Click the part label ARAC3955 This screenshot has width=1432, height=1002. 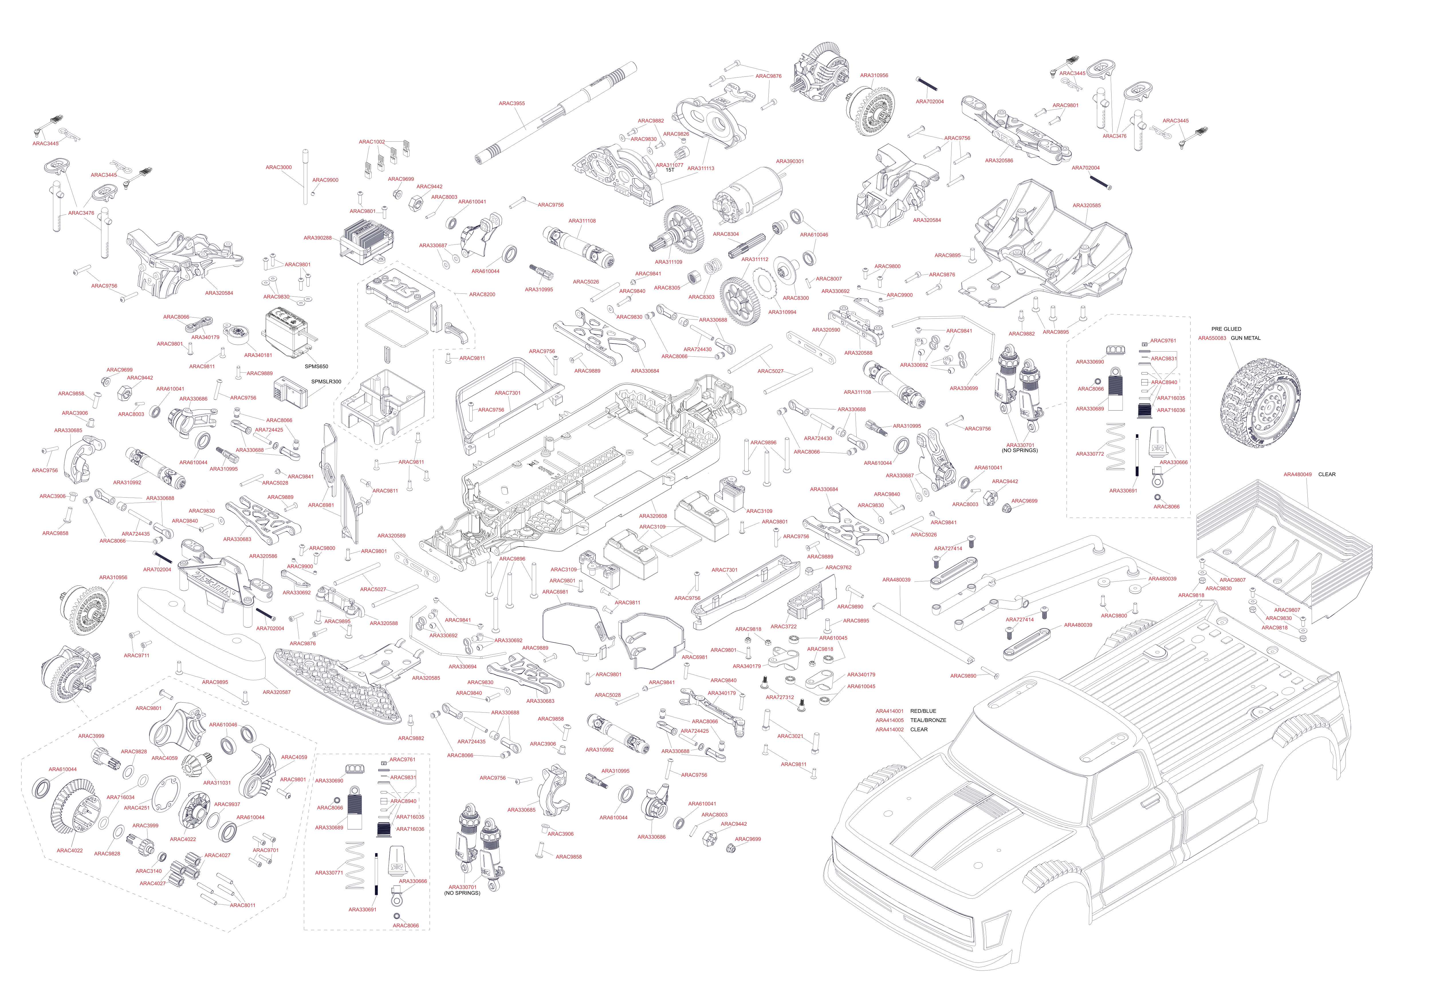click(x=512, y=104)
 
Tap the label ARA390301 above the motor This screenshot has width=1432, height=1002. click(x=790, y=161)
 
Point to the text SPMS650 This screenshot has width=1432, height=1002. click(x=316, y=367)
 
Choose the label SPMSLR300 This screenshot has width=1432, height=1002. click(x=326, y=382)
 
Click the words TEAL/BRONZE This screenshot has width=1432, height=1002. click(x=928, y=720)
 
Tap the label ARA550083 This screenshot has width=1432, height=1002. click(x=1212, y=338)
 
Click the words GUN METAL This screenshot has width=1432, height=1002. click(x=1246, y=338)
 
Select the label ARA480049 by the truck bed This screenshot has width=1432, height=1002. click(x=1297, y=474)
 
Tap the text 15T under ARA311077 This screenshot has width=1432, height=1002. click(x=670, y=170)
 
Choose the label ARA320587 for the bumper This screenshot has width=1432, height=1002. click(x=276, y=692)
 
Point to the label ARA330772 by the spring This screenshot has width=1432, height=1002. click(x=1089, y=454)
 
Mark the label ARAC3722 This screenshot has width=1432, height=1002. click(x=783, y=627)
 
